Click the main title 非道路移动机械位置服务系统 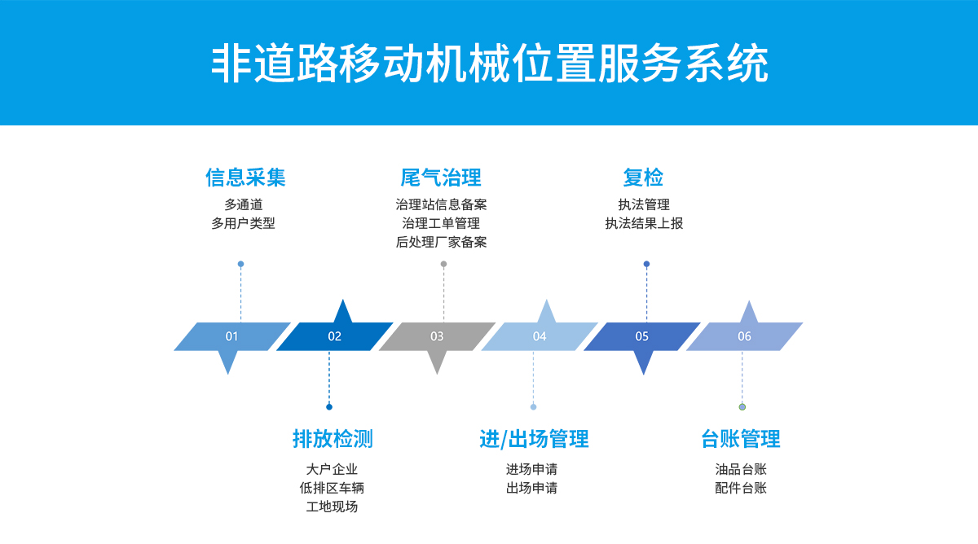point(489,64)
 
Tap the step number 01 point(231,336)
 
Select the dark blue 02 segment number point(334,336)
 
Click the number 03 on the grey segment point(437,336)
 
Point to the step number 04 point(540,336)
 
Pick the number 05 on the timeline point(642,336)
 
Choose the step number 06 point(744,336)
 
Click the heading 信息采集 point(245,178)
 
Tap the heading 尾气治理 point(441,178)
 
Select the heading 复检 point(643,178)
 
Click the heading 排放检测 point(333,439)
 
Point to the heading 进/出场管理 point(534,439)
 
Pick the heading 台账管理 point(741,439)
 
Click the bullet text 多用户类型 point(243,223)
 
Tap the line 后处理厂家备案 point(441,242)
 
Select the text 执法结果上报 point(644,223)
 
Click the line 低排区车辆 point(332,488)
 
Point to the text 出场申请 point(531,488)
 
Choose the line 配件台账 point(741,488)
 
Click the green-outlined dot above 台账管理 point(742,407)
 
